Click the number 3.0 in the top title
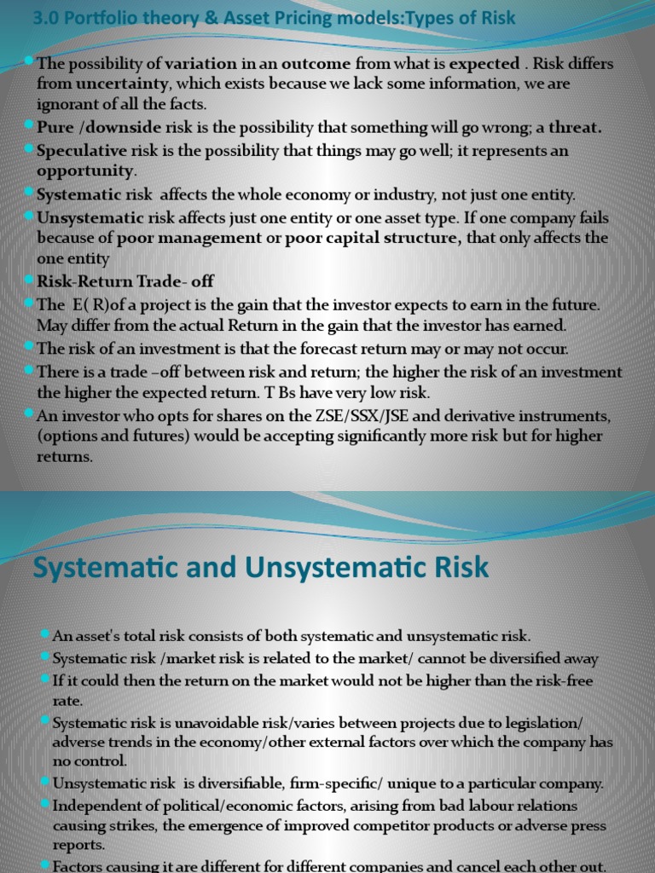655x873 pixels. pos(44,19)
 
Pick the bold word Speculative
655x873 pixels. pos(81,151)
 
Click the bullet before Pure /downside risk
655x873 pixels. pos(31,126)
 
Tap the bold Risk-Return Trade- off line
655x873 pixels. pos(125,280)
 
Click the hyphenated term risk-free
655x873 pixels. pos(561,681)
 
